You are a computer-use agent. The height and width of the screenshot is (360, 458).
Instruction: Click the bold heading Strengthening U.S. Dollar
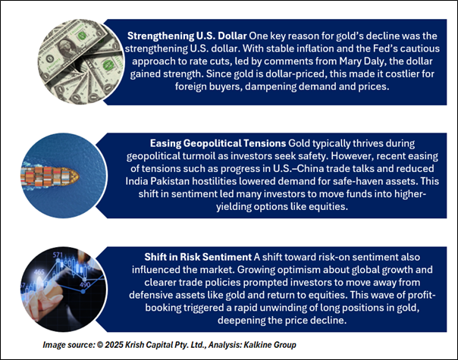(187, 36)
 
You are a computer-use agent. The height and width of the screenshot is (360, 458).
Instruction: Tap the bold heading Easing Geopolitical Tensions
(218, 143)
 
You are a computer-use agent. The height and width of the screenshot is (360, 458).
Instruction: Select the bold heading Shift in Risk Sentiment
(198, 257)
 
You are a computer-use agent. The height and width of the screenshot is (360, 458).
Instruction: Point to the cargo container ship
(50, 176)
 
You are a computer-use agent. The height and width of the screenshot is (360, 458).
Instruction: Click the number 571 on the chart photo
(58, 255)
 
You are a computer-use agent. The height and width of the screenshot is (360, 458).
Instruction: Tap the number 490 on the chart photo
(85, 285)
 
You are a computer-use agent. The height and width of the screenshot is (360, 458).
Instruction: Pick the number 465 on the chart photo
(39, 272)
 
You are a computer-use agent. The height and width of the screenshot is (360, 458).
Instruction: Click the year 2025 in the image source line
(114, 345)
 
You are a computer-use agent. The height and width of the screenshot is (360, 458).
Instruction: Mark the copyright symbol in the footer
(100, 345)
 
